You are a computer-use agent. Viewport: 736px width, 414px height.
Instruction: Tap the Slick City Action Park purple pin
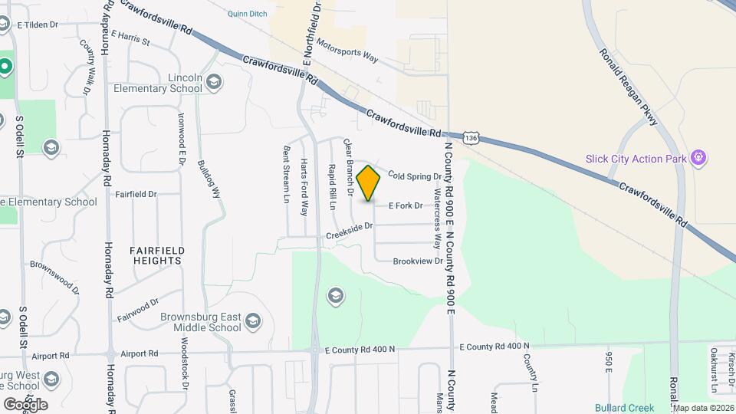698,158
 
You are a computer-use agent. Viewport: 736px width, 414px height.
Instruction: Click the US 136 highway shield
471,138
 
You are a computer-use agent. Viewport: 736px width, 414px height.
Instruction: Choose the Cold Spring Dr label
415,176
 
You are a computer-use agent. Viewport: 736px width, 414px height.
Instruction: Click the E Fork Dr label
406,205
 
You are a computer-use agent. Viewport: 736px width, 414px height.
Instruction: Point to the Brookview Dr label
418,261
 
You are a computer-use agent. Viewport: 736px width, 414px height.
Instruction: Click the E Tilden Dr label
37,25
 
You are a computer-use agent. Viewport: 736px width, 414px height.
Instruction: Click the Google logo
25,404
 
